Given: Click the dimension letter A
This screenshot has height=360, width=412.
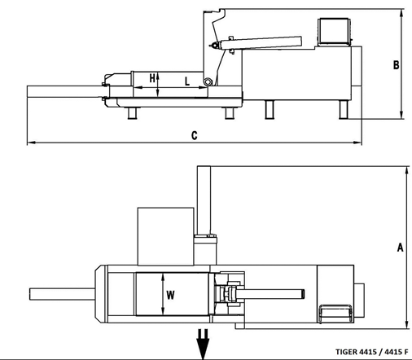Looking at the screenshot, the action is (x=401, y=248).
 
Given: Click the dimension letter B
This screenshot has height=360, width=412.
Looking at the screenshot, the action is (x=397, y=65).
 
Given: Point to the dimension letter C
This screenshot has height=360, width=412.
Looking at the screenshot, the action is (x=195, y=135).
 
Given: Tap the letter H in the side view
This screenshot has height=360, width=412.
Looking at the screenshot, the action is (x=152, y=78).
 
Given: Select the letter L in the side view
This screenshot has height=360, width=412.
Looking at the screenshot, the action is (x=187, y=81).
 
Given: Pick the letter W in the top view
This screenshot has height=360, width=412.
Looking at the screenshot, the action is (x=170, y=295).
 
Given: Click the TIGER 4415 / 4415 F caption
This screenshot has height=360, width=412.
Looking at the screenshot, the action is (x=371, y=352).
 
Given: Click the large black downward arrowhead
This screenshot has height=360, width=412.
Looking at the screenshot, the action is (x=203, y=349).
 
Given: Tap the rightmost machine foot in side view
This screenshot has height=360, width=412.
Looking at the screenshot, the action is (x=344, y=109).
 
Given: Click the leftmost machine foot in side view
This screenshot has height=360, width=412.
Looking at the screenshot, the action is (x=133, y=113).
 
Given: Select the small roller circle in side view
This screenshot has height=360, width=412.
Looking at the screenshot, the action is (x=208, y=81).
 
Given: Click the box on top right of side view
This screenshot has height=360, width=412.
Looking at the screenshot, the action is (x=334, y=31).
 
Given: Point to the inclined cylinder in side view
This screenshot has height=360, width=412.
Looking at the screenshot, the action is (x=261, y=43).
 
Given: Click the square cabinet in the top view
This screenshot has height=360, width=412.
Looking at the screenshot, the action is (x=166, y=236).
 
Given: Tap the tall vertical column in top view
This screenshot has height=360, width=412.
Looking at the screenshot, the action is (x=204, y=200).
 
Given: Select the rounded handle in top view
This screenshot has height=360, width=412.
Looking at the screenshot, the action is (x=335, y=314).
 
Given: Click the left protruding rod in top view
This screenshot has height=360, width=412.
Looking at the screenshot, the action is (x=62, y=294).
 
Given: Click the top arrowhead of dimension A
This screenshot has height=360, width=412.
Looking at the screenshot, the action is (x=406, y=170).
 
